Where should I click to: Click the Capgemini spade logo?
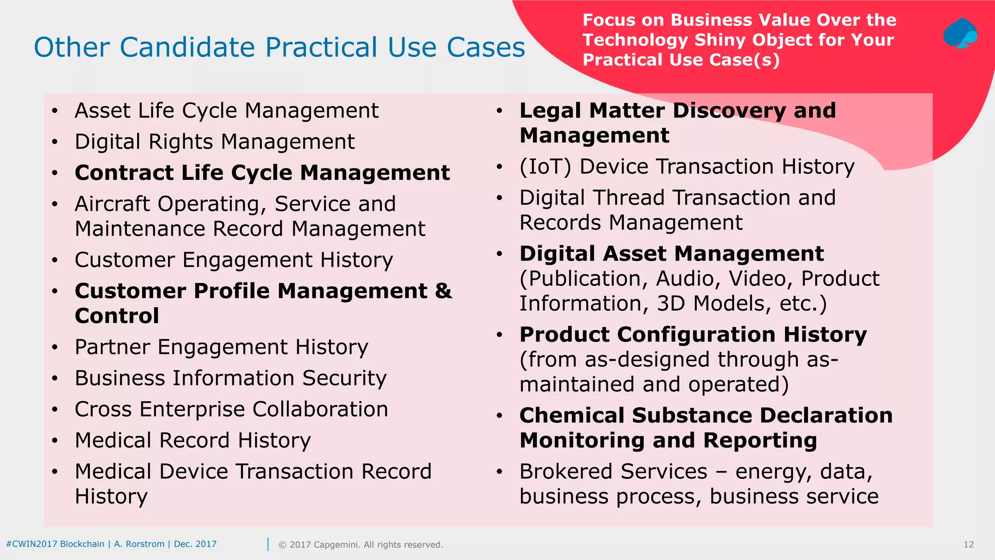(x=960, y=34)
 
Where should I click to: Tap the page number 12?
(x=968, y=544)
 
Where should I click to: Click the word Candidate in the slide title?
(x=188, y=48)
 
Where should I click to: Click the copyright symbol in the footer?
(x=282, y=545)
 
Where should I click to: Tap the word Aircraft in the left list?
(x=113, y=204)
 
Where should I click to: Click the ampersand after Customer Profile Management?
(x=443, y=291)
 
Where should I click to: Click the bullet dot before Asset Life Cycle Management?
(x=55, y=111)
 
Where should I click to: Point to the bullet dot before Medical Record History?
(x=55, y=441)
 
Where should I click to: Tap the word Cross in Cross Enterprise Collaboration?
(x=103, y=409)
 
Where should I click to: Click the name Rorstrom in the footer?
(x=145, y=544)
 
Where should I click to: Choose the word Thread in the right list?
(x=629, y=198)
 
